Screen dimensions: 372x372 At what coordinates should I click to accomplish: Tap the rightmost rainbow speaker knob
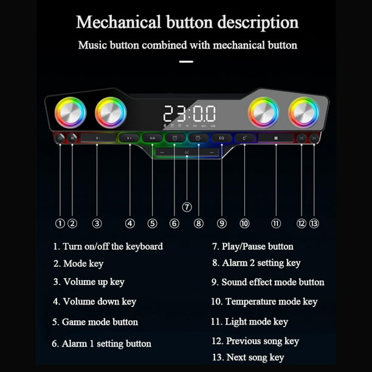click(x=303, y=113)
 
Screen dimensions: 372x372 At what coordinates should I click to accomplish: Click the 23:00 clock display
click(x=189, y=114)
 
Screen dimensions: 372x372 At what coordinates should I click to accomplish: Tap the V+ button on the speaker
click(x=129, y=138)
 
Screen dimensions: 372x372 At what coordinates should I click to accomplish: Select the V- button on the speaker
click(x=97, y=138)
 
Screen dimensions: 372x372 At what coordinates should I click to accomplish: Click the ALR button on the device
click(x=152, y=138)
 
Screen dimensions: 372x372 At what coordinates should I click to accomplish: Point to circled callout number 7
click(x=187, y=207)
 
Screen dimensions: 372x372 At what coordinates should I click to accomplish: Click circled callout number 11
click(x=276, y=223)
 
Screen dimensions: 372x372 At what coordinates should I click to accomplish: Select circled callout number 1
click(x=60, y=223)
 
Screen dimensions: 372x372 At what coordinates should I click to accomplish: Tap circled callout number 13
click(x=314, y=223)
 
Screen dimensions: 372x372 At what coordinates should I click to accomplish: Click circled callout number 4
click(x=129, y=223)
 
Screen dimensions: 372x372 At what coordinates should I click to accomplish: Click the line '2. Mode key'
click(x=78, y=264)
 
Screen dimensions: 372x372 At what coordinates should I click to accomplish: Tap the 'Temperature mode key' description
click(x=271, y=301)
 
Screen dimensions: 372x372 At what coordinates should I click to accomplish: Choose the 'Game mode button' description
click(x=100, y=322)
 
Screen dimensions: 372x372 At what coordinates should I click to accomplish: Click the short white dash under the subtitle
click(x=186, y=61)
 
